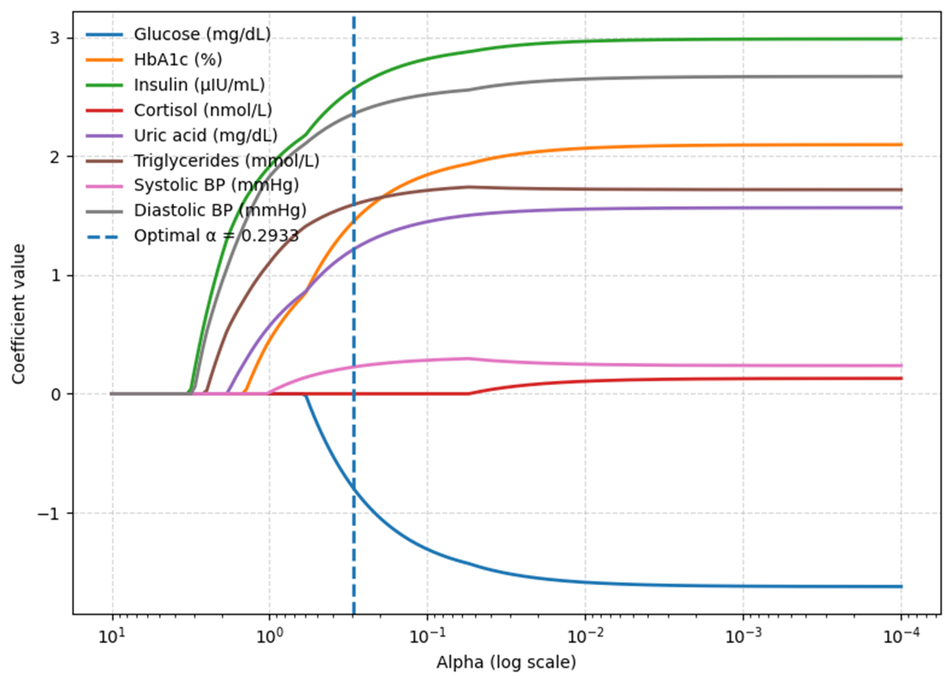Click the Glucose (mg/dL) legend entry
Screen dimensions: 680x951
[202, 34]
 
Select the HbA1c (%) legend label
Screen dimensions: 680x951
[178, 60]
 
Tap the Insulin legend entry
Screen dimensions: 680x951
[199, 85]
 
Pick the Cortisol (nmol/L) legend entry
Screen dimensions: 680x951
[203, 110]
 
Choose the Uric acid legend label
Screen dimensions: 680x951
[205, 135]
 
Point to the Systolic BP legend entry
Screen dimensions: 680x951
[216, 185]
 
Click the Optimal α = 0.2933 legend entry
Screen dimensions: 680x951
[216, 236]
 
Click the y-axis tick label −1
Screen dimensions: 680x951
[49, 514]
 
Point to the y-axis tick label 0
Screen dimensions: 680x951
[56, 394]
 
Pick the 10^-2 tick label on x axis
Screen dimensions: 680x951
[585, 636]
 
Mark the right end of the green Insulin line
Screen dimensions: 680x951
[901, 39]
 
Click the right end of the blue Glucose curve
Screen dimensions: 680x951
[901, 587]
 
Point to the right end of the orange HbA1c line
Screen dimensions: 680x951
[901, 145]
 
